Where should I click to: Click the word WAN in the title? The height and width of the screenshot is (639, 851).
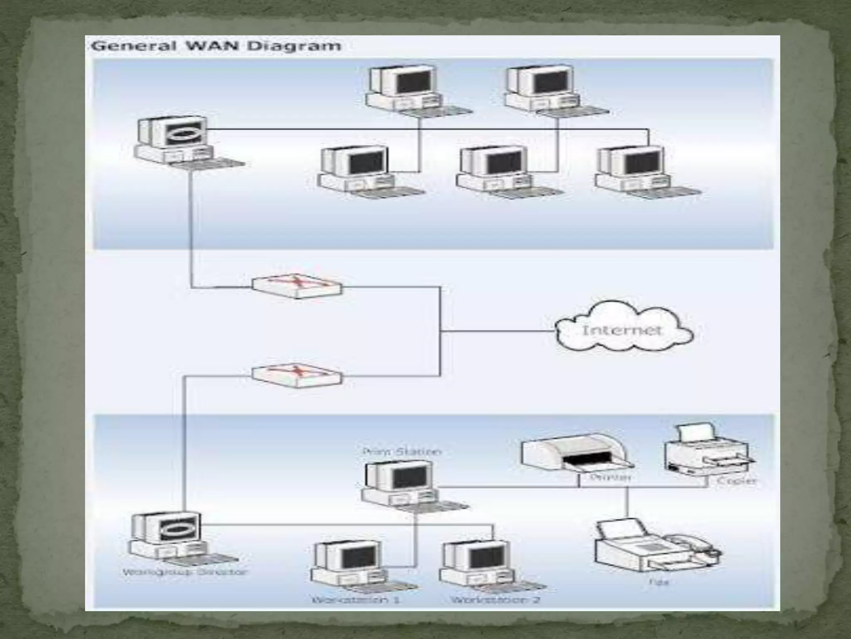point(212,45)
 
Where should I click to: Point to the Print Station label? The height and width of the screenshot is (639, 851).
point(402,451)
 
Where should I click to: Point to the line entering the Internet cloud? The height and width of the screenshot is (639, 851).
point(499,332)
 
